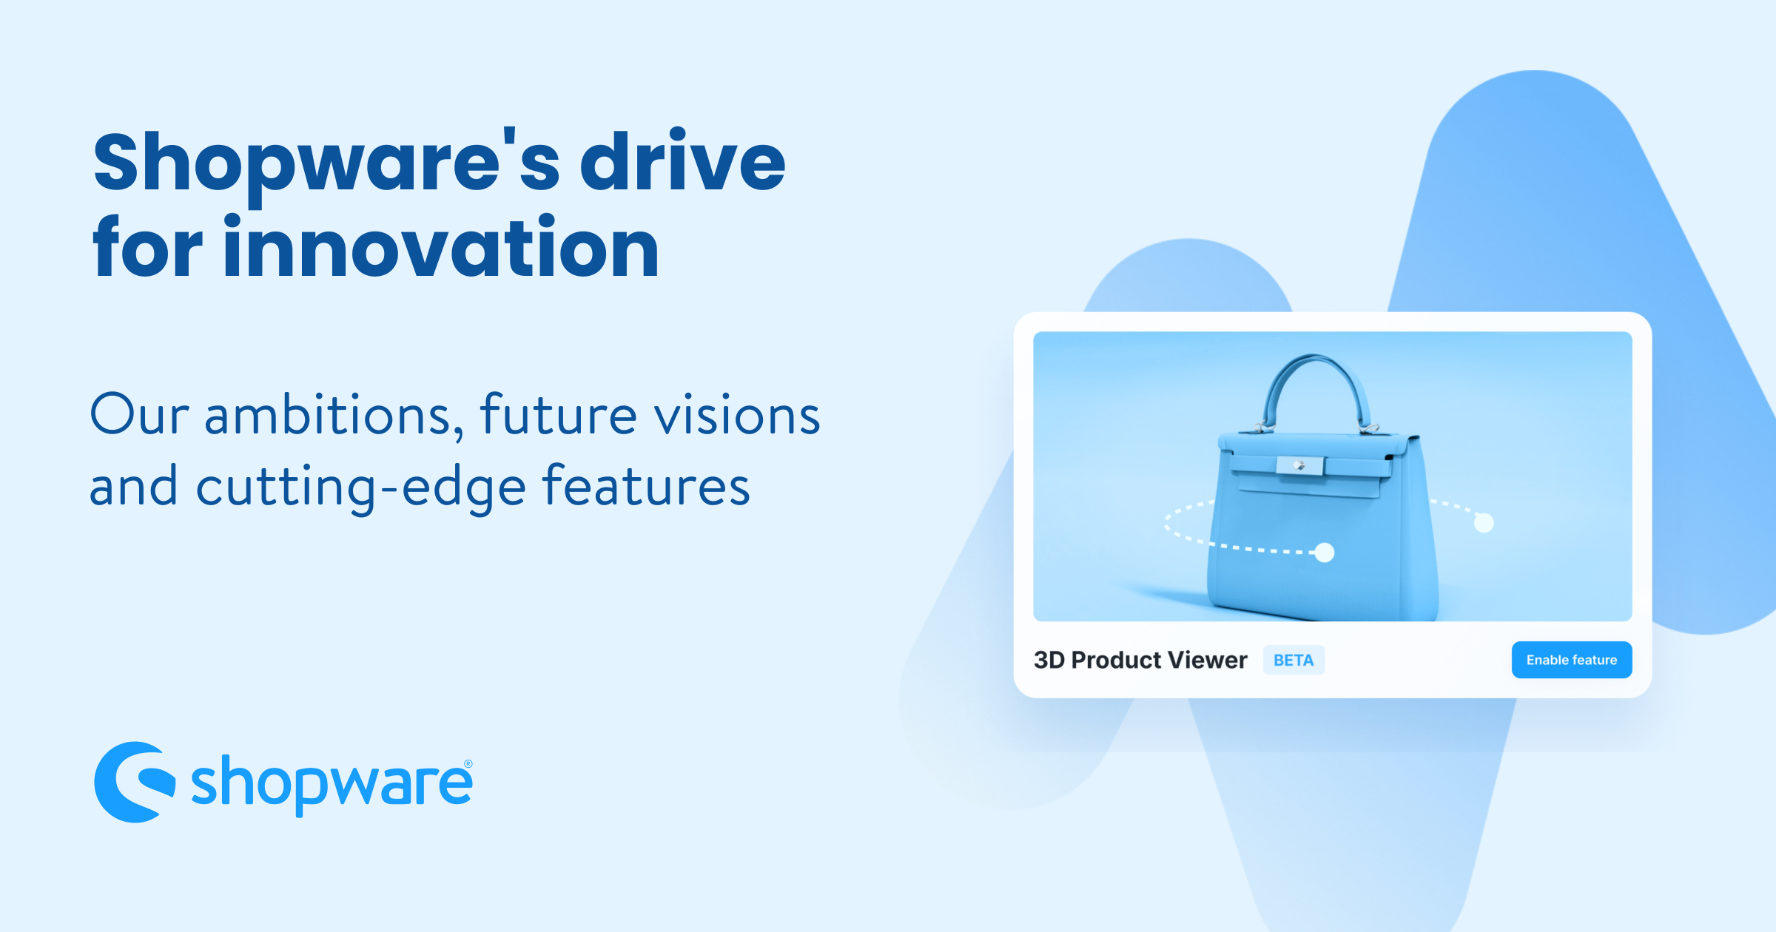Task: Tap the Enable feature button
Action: coord(1571,660)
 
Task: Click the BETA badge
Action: coord(1293,661)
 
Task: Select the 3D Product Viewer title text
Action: coord(1140,660)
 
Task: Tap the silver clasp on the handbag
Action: coord(1299,465)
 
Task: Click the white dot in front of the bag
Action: coord(1324,553)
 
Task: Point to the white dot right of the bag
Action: coord(1484,523)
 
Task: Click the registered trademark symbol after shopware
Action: coord(468,764)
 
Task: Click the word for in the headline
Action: coord(147,249)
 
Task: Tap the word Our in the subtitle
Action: coord(139,416)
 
